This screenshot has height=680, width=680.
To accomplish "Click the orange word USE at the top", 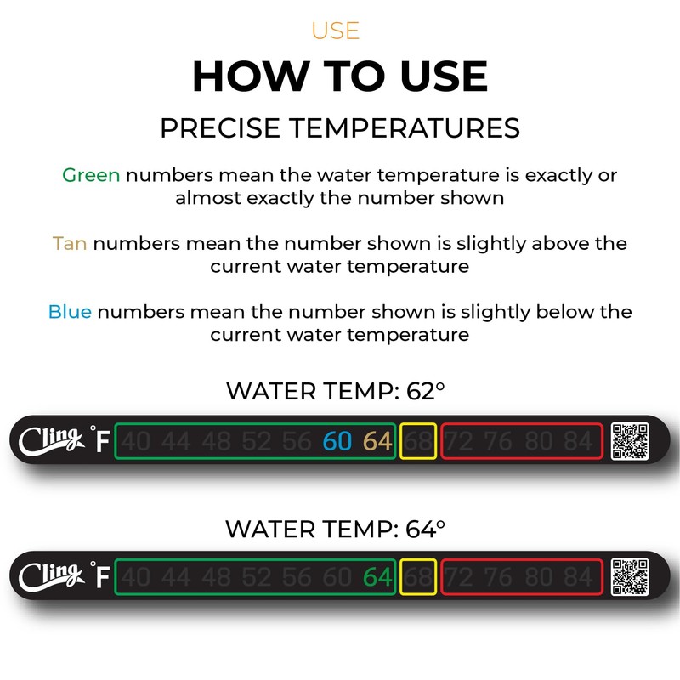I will [335, 31].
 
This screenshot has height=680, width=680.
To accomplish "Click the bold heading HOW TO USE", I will [340, 76].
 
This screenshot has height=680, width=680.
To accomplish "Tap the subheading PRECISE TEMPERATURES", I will [340, 128].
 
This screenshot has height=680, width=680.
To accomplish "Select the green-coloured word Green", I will [91, 176].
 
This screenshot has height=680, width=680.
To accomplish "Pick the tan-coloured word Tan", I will [70, 244].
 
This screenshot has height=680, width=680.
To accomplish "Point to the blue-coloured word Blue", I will [70, 312].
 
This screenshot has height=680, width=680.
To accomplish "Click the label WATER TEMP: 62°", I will [336, 392].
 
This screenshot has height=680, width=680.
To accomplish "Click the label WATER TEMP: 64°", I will [336, 529].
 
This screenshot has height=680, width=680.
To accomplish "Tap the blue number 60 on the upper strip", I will [337, 442].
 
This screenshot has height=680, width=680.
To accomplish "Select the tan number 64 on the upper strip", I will [377, 442].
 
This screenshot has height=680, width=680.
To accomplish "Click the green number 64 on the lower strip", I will [377, 578].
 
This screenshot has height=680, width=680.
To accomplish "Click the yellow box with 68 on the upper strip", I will [418, 442].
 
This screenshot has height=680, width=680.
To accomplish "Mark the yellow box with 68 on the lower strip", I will [418, 578].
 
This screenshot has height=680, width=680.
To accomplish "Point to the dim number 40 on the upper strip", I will [134, 442].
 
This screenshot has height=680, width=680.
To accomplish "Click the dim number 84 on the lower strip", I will [577, 578].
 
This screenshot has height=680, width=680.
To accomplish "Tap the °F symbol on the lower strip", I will [100, 575].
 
